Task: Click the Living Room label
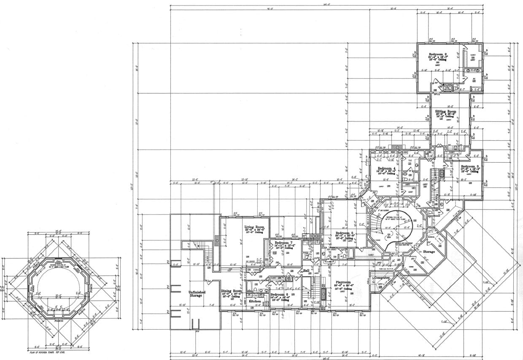click(x=254, y=227)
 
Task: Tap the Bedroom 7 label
click(x=283, y=243)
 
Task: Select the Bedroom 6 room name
click(x=279, y=294)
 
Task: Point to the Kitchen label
click(x=254, y=301)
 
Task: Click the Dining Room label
click(x=232, y=291)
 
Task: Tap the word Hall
click(x=306, y=270)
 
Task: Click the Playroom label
click(x=343, y=282)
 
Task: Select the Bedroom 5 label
click(x=344, y=233)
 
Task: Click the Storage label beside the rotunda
click(x=429, y=252)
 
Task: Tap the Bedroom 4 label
click(x=386, y=168)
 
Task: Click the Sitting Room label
click(x=445, y=111)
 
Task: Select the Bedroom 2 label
click(x=438, y=55)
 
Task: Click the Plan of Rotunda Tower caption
click(x=46, y=350)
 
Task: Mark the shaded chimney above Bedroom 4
click(x=395, y=147)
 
